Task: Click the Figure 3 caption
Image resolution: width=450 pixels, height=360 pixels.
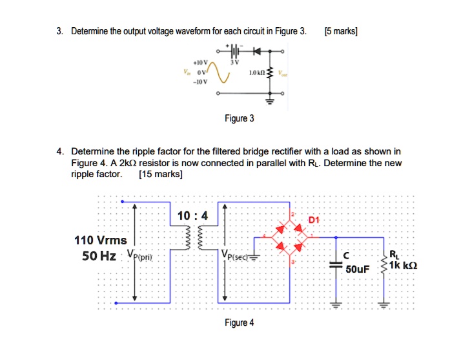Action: point(239,118)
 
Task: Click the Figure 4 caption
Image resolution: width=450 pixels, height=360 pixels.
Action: point(239,323)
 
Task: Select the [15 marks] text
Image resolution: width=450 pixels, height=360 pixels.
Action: point(160,174)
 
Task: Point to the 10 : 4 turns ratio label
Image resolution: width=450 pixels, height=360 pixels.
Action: point(192,215)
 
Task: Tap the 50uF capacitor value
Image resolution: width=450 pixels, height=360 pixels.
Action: point(357,268)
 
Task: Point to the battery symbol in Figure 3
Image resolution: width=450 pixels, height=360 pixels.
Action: point(236,49)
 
